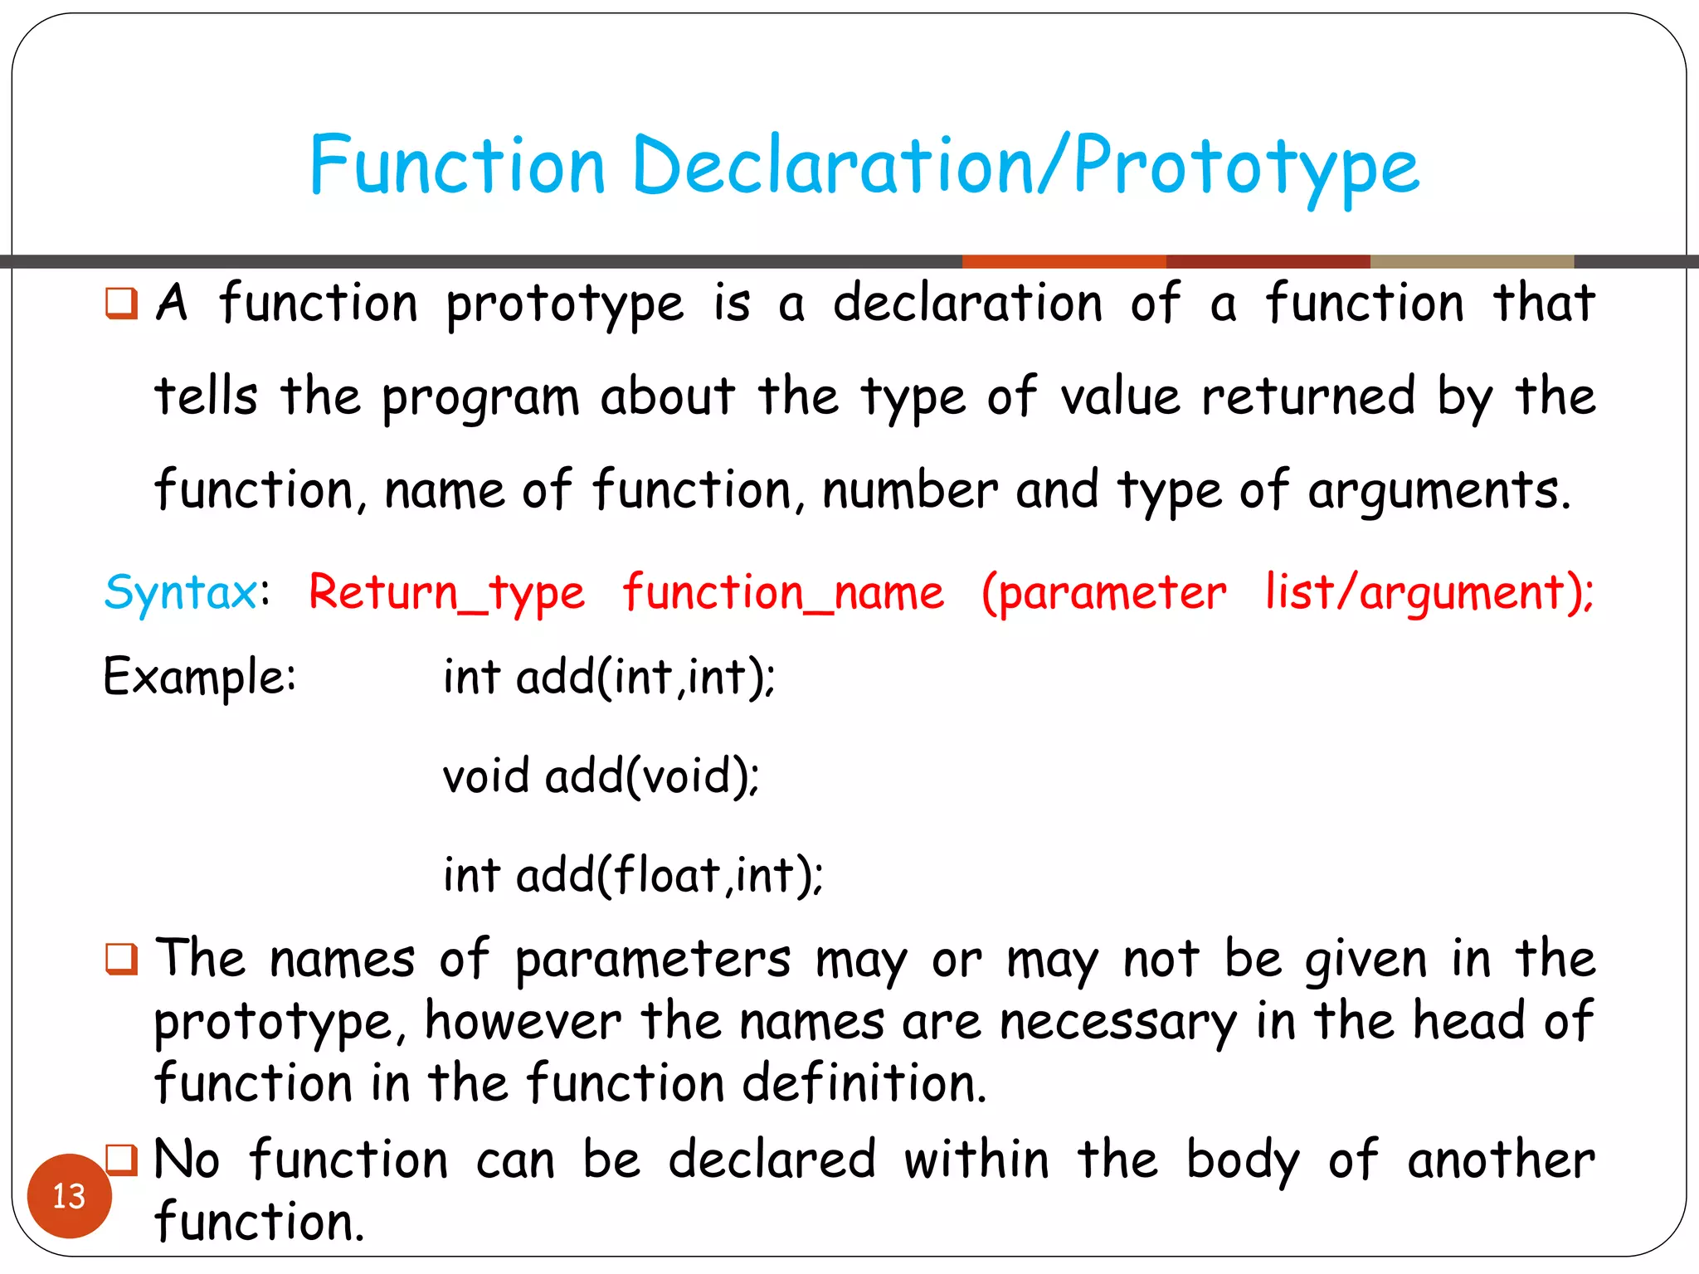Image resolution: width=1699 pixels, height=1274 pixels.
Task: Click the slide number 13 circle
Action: tap(69, 1195)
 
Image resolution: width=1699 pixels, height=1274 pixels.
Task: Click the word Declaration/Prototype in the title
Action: tap(1025, 166)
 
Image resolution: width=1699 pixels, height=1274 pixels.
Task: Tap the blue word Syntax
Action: tap(181, 593)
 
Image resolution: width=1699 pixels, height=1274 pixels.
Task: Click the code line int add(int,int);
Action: tap(609, 677)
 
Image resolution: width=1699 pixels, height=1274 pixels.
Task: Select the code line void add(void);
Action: tap(601, 776)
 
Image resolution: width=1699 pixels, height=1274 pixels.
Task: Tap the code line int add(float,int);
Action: tap(632, 876)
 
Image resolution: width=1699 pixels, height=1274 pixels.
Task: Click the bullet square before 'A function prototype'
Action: tap(121, 303)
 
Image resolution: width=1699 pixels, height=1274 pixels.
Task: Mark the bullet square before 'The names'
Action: tap(121, 959)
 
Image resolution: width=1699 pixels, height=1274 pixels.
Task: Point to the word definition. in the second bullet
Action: tap(864, 1083)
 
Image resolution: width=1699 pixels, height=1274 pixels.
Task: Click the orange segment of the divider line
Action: tap(1064, 261)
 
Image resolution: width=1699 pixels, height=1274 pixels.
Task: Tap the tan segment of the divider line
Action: tap(1472, 261)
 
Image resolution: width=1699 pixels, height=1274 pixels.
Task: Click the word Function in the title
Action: tap(457, 166)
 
